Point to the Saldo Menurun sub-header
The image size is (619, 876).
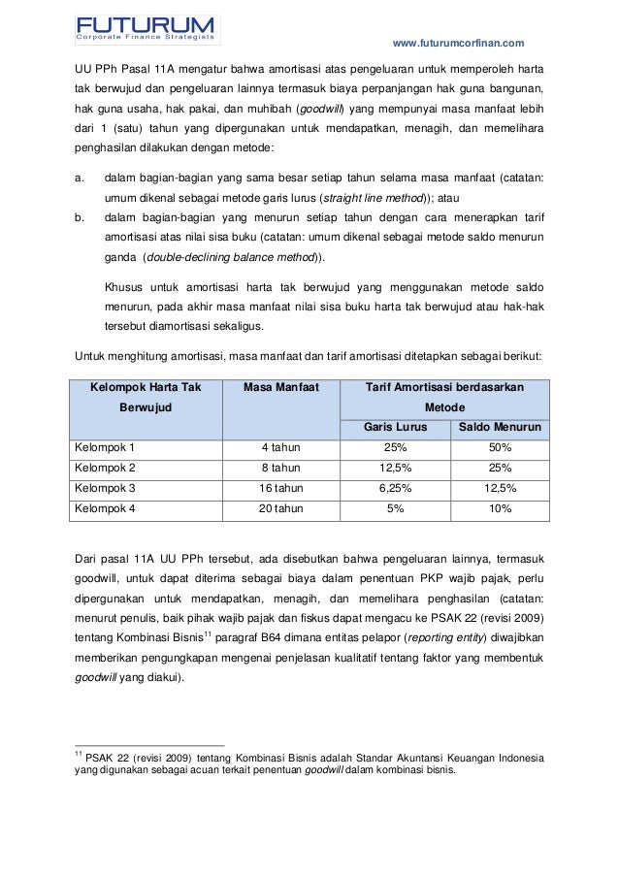[501, 427]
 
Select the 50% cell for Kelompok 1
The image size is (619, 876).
[501, 447]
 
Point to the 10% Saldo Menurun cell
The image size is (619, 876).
[501, 508]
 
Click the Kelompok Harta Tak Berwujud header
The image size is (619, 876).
[146, 397]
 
